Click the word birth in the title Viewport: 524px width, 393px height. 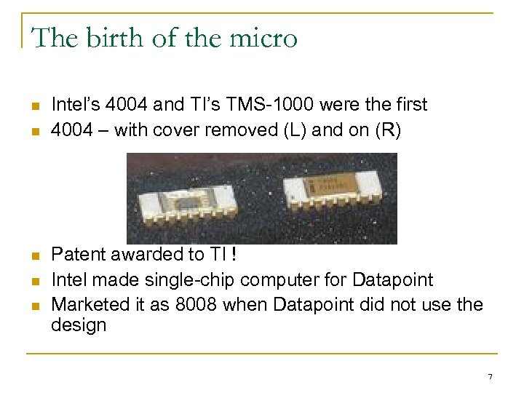coord(108,38)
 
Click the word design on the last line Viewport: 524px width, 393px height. coord(79,325)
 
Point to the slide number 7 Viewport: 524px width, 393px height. coord(490,376)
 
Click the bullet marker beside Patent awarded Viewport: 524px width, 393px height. coord(34,256)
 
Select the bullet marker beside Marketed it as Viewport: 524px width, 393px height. coord(34,304)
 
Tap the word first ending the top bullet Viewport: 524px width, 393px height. coord(408,105)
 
